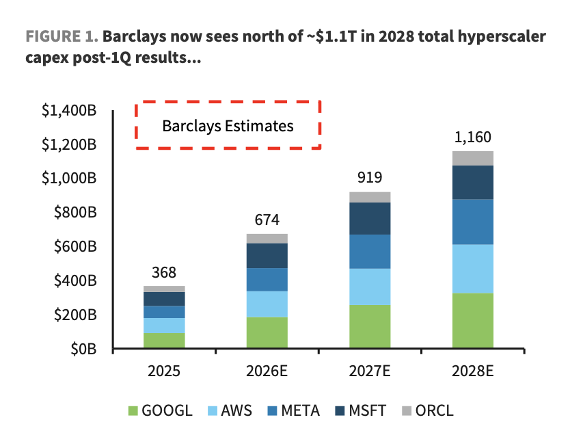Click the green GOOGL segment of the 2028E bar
(473, 320)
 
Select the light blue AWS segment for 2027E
(370, 287)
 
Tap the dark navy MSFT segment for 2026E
(267, 256)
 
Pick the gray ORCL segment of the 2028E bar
(473, 158)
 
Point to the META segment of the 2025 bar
(164, 312)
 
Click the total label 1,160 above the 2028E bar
(473, 137)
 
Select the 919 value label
(370, 178)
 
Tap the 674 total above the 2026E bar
(267, 220)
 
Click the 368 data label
(164, 272)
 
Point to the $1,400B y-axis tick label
(69, 110)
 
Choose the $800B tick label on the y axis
(76, 212)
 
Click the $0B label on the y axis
(83, 349)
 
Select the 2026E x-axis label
(267, 371)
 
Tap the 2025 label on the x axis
(164, 371)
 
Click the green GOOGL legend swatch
(133, 411)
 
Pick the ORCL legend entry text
(435, 410)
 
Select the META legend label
(300, 410)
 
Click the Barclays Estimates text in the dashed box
(228, 127)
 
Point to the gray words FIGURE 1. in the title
(62, 36)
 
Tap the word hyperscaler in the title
(502, 37)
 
